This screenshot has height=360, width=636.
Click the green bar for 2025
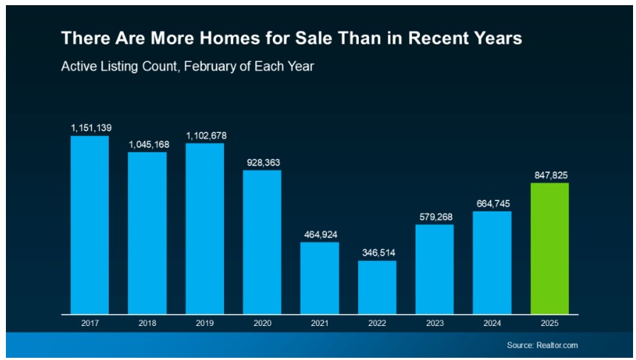click(x=549, y=248)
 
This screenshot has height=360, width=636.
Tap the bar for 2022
click(x=377, y=287)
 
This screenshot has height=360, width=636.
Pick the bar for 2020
click(x=263, y=242)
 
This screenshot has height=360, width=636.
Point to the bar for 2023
click(x=435, y=269)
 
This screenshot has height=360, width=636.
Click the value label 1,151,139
click(x=90, y=128)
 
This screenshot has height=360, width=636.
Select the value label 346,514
click(x=377, y=252)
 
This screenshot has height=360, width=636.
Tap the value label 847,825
click(x=549, y=175)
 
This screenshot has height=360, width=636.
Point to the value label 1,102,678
click(x=205, y=135)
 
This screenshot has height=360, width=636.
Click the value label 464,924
click(x=319, y=234)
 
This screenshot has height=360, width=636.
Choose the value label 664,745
click(x=492, y=203)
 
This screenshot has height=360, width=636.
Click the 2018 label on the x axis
click(x=147, y=323)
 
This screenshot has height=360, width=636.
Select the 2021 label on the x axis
click(x=319, y=323)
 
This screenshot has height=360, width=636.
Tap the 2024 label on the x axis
click(x=492, y=323)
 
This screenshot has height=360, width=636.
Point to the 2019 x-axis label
click(x=205, y=323)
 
